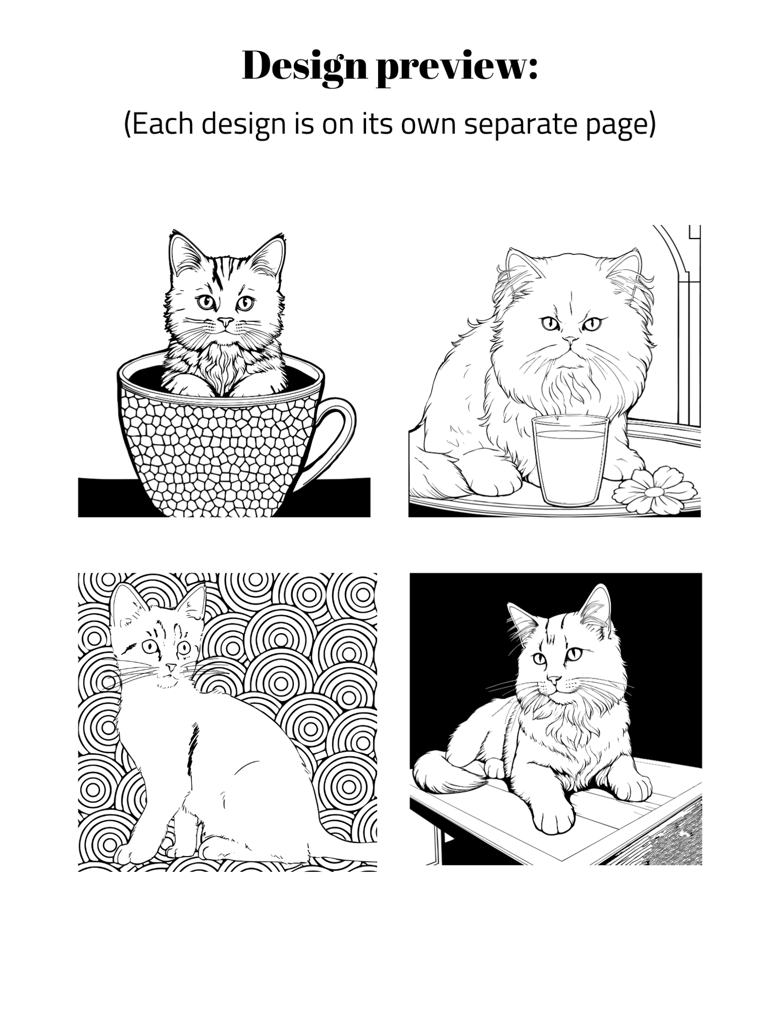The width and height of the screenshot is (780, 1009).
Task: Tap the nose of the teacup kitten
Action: (225, 321)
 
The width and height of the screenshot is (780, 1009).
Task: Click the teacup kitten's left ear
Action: (185, 255)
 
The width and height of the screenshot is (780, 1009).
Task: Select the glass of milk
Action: (570, 460)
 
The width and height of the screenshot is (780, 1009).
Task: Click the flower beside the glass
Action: (655, 491)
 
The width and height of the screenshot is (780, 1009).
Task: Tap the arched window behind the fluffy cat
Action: (677, 322)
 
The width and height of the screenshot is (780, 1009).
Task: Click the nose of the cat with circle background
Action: (170, 667)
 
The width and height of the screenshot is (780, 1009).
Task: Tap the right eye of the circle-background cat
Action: (183, 648)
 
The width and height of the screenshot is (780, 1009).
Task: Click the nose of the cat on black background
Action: (554, 679)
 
